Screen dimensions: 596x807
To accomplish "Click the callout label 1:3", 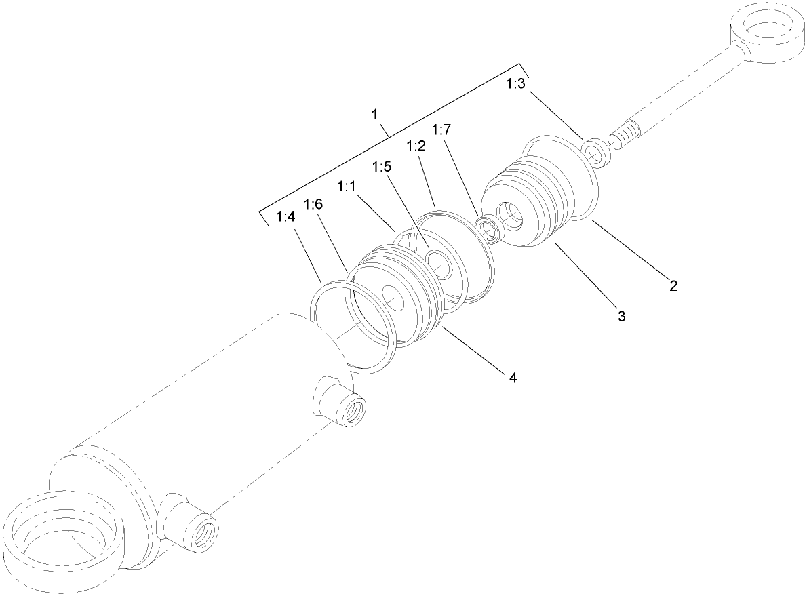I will click(515, 84).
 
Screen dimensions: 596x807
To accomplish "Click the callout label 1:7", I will click(441, 129).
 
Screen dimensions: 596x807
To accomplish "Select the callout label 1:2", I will click(416, 146).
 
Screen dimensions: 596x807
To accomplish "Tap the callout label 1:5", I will click(382, 166).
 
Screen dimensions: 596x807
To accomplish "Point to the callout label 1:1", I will click(347, 185).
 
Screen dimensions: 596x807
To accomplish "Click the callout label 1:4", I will click(286, 216).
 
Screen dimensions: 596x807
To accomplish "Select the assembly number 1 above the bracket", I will click(374, 114).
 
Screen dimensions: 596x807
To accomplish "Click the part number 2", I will click(673, 285).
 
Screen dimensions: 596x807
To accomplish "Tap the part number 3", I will click(621, 315).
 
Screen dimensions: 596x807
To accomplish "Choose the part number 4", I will click(513, 378).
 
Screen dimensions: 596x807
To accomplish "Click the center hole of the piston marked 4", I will click(394, 294).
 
